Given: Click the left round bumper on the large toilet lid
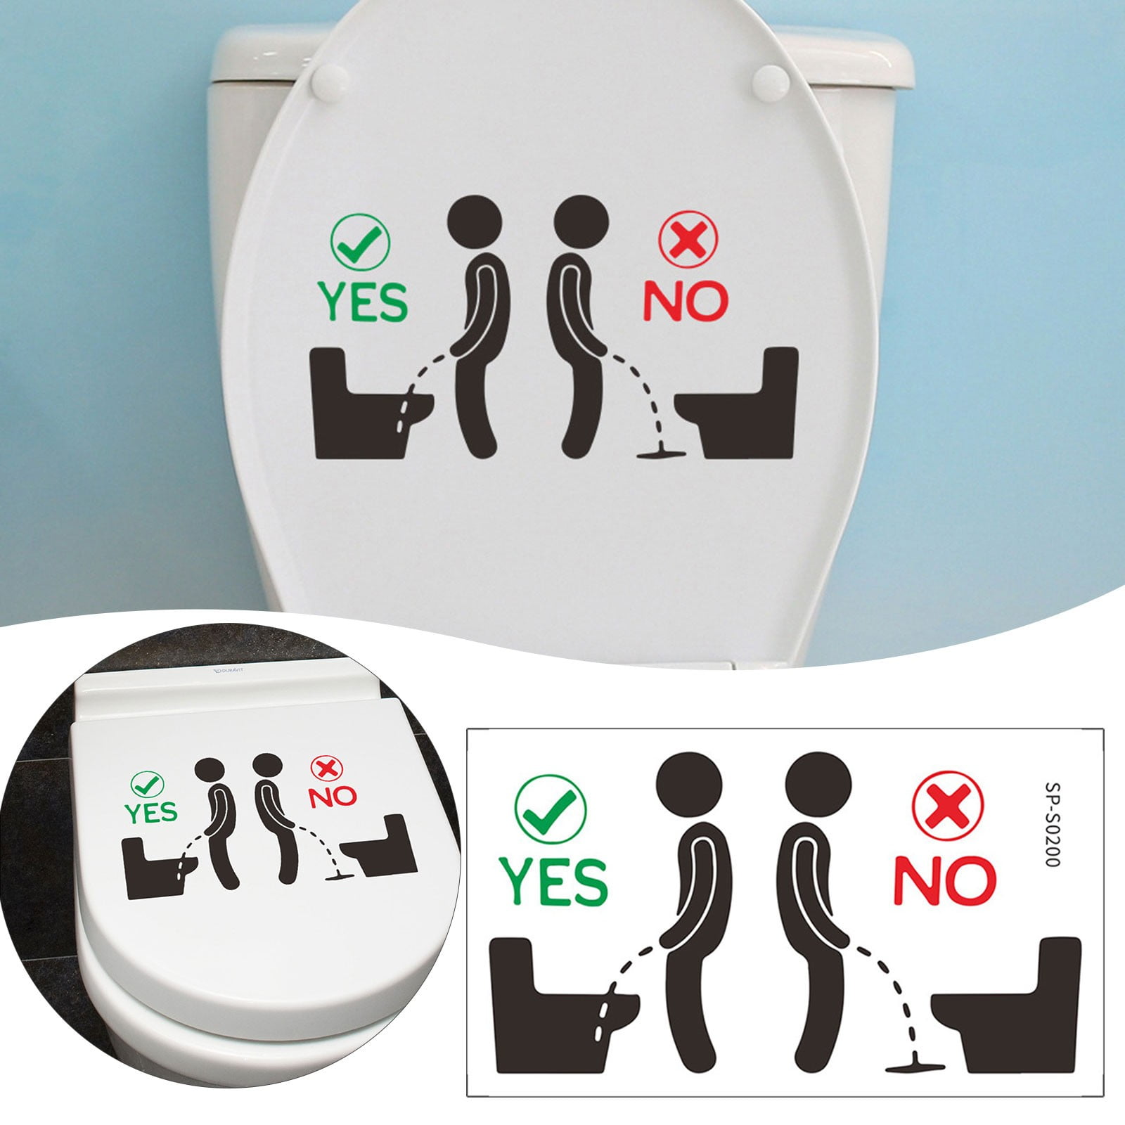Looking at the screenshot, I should coord(326,75).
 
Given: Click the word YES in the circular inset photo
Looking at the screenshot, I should coord(151,813).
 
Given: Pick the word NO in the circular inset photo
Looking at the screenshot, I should coord(333,797).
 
